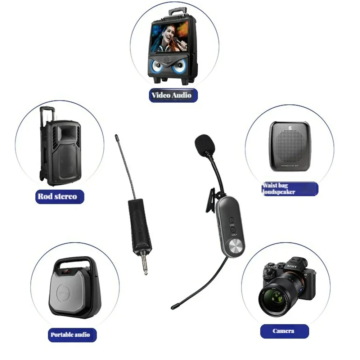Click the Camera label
pos(284,331)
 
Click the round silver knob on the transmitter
pos(237,247)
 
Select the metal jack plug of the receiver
pos(145,266)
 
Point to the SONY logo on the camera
pos(292,267)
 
